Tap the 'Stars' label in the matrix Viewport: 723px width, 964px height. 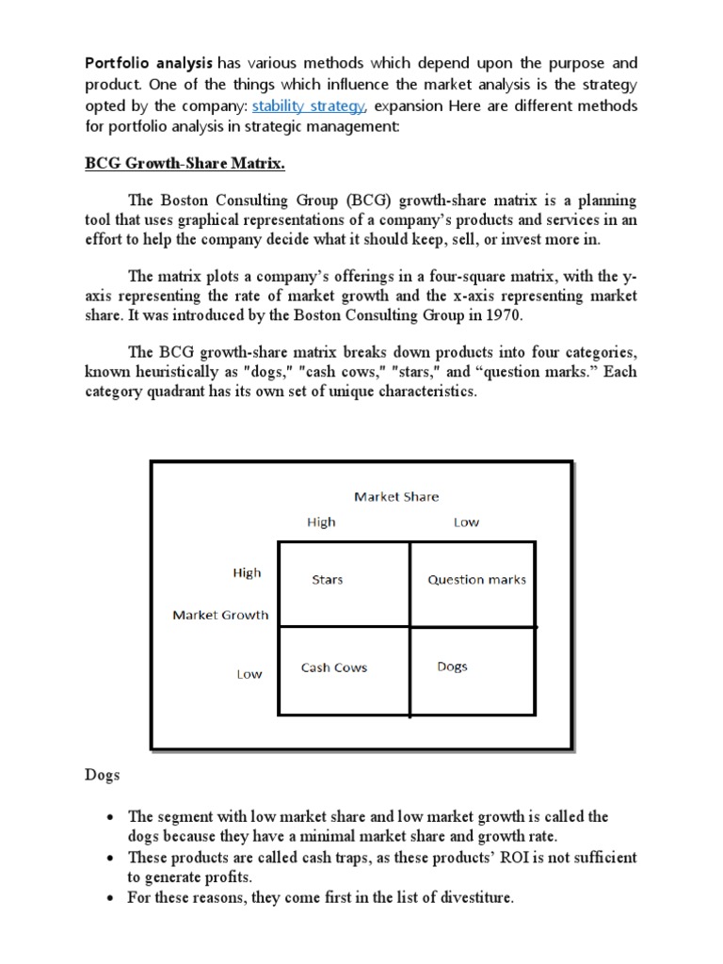point(328,580)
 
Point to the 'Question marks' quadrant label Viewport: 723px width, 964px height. point(476,580)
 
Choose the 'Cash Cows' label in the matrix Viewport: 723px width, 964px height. point(334,667)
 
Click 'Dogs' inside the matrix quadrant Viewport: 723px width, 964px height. point(452,667)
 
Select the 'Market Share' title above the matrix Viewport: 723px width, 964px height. point(395,496)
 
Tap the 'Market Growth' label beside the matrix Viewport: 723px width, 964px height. point(220,615)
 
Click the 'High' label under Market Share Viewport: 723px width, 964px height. point(321,522)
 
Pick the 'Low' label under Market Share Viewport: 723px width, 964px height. point(466,522)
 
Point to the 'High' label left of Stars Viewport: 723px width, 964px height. point(247,572)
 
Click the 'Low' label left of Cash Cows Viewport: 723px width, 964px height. point(249,674)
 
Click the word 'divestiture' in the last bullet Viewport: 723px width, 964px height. point(471,897)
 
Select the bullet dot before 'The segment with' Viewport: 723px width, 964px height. point(111,817)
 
